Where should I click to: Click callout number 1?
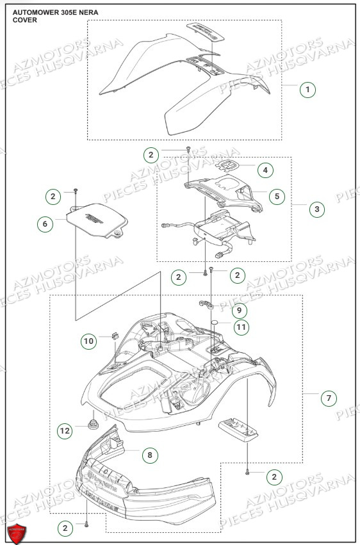tap(308, 90)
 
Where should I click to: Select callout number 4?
tap(265, 170)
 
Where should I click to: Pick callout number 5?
tap(277, 196)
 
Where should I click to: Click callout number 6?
tap(44, 224)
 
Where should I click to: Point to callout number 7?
tap(328, 398)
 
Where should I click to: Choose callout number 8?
tap(149, 455)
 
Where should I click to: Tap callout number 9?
tap(238, 311)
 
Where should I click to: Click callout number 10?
tap(88, 341)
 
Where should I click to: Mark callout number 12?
tap(65, 431)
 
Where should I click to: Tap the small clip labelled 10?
tap(115, 335)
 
